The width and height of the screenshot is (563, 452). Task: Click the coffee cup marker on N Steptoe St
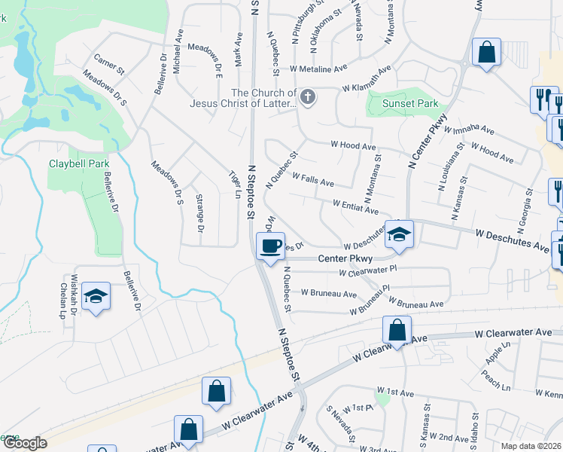click(270, 246)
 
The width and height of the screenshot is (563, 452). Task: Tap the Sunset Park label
click(409, 103)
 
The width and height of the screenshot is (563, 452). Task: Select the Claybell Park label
click(79, 163)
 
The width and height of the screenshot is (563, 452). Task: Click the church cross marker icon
click(307, 96)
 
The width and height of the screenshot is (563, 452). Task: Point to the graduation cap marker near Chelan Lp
click(96, 297)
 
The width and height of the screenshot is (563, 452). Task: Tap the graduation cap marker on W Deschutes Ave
click(399, 234)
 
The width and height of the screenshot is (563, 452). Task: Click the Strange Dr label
click(200, 212)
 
